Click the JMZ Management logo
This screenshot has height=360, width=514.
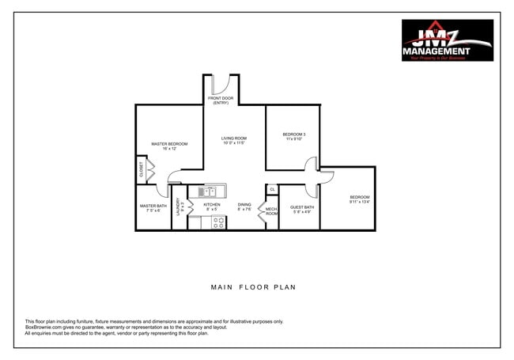[447, 40]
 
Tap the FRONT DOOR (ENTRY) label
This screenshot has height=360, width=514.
[220, 100]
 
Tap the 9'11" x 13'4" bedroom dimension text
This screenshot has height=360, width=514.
[360, 202]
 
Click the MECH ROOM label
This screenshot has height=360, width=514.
[271, 211]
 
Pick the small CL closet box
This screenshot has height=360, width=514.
[272, 189]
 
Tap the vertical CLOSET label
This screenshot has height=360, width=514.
[142, 169]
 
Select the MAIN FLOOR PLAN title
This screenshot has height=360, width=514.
[253, 287]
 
